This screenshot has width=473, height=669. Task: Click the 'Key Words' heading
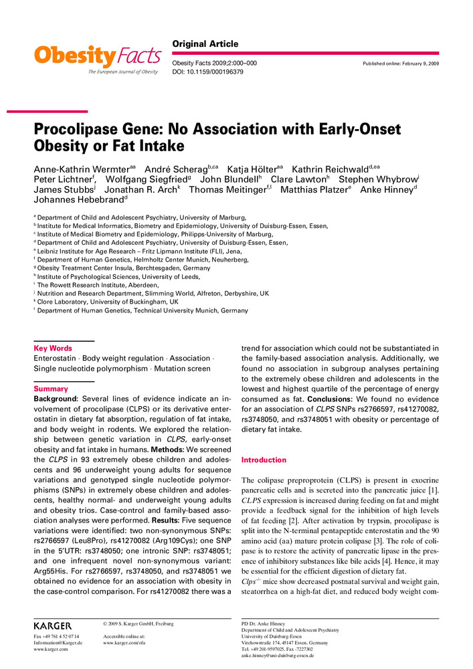pos(53,348)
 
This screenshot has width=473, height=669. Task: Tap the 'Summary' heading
pos(51,389)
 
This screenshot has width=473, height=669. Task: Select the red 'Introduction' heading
pos(264,460)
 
